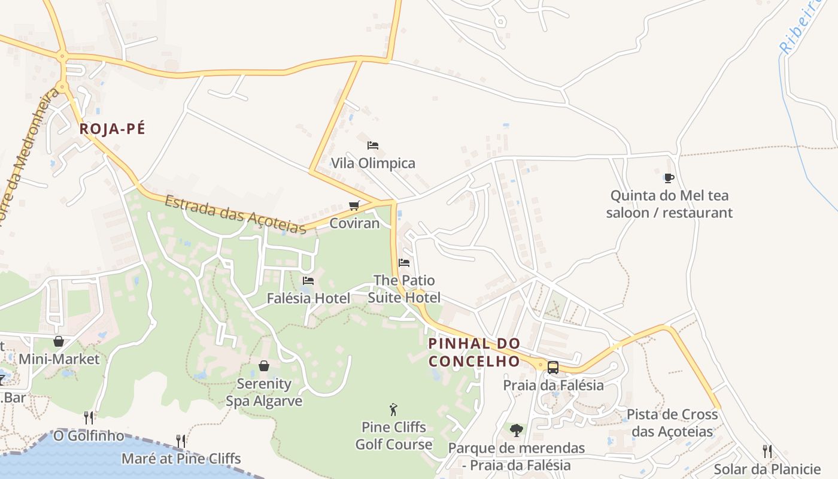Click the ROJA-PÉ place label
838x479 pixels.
coord(113,129)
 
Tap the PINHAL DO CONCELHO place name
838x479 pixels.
coord(474,353)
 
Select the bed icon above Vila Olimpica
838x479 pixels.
coord(373,145)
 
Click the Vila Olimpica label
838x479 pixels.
coord(373,163)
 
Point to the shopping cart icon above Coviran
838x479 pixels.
coord(354,206)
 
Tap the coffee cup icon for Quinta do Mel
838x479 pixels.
coord(669,178)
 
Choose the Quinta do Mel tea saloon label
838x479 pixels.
coord(669,204)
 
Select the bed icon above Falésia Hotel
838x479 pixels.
coord(308,280)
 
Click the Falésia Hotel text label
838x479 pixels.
coord(308,298)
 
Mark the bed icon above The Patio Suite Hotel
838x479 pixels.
coord(404,263)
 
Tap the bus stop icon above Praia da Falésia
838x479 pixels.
coord(553,367)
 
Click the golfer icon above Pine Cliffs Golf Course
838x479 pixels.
coord(393,410)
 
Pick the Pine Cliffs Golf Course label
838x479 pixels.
coord(393,436)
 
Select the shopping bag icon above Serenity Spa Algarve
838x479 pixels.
coord(264,366)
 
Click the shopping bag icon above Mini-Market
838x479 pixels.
coord(59,342)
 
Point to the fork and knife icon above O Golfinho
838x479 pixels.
coord(89,417)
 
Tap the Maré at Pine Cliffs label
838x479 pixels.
coord(181,459)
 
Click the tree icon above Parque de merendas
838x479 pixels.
coord(516,430)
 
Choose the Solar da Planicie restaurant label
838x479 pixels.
coord(767,469)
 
